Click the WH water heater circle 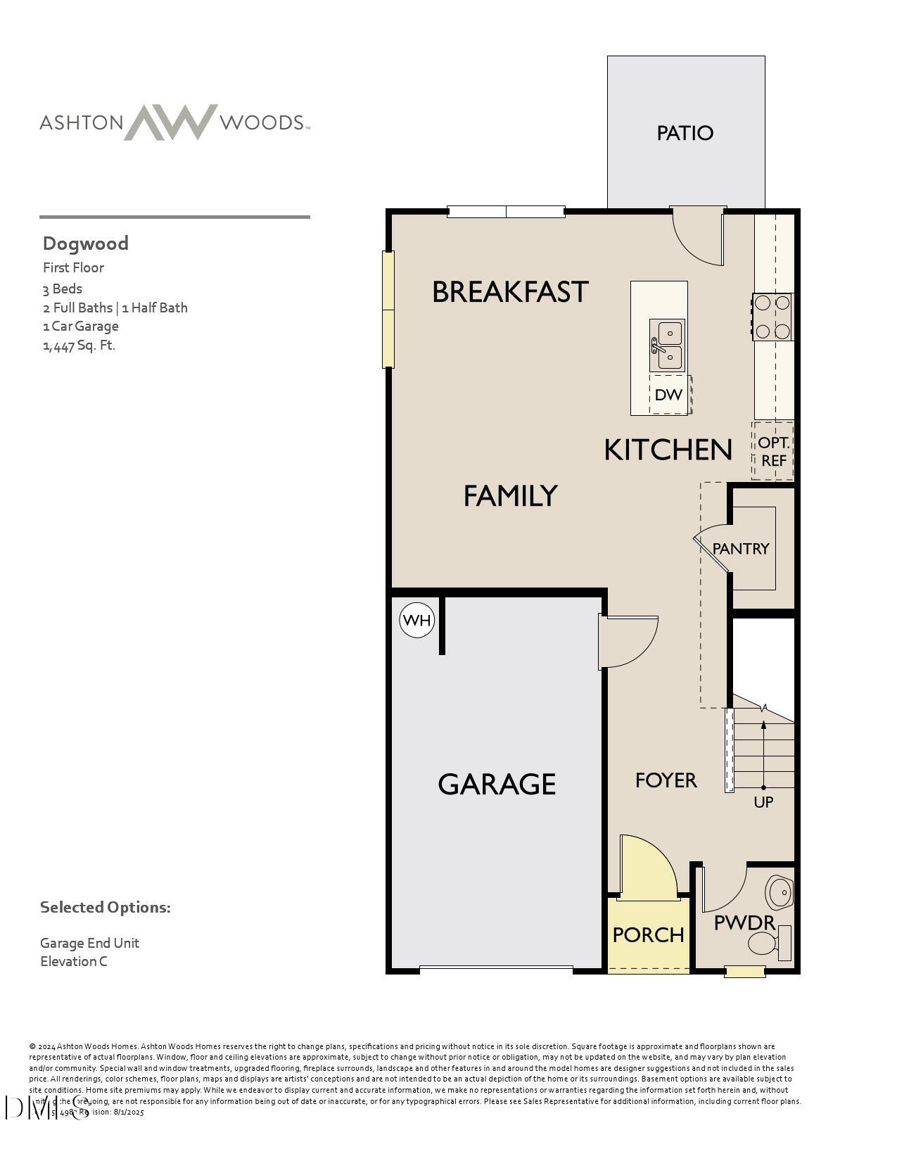pos(417,621)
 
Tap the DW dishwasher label pos(668,395)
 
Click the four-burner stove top pos(772,317)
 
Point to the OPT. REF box pos(773,452)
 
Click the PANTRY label pos(741,549)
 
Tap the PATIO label pos(685,133)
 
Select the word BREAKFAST pos(509,292)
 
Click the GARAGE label pos(497,784)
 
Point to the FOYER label pos(666,780)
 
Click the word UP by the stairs pos(763,802)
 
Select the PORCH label pos(648,935)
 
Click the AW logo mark pos(171,122)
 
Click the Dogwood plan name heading pos(86,243)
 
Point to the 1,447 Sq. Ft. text pos(79,345)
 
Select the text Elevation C pos(74,961)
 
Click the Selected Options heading pos(106,907)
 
